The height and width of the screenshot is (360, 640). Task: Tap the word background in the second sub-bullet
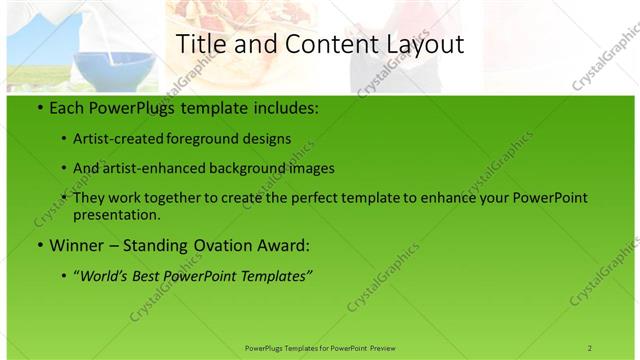coord(260,168)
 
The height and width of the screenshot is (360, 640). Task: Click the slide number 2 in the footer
coord(590,348)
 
